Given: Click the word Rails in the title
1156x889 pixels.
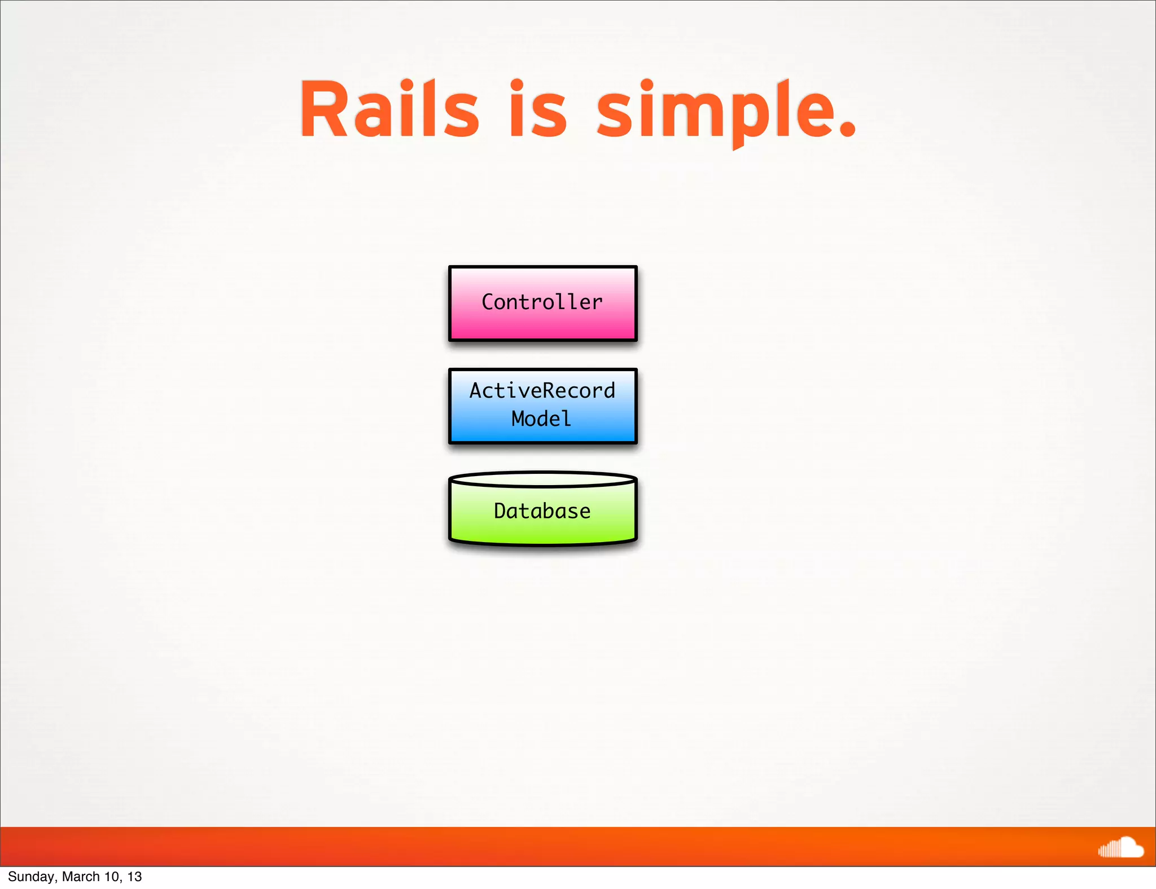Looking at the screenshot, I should click(x=389, y=109).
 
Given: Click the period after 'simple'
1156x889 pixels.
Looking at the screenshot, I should click(x=847, y=130).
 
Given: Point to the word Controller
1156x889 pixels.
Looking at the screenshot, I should click(x=542, y=302).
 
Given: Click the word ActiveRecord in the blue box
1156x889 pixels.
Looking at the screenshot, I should click(x=542, y=391).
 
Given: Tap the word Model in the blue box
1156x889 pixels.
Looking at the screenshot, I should click(x=541, y=419).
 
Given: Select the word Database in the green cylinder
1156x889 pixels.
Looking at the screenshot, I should click(x=542, y=511).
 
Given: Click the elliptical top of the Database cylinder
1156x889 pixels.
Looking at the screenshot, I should click(x=542, y=480).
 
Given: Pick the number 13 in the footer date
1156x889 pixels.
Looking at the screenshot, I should click(x=134, y=877).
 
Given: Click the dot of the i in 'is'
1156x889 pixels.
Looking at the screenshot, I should click(x=516, y=85).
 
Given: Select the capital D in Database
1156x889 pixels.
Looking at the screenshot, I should click(x=501, y=511).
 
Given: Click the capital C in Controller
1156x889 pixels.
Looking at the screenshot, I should click(x=488, y=302).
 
